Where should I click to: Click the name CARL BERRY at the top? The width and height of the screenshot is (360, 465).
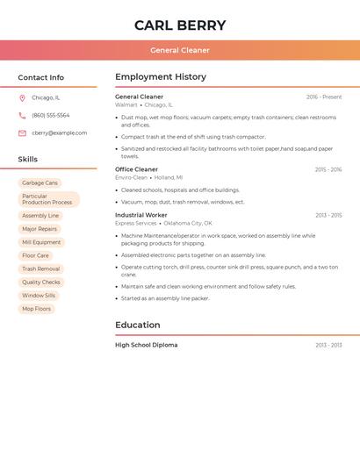[180, 25]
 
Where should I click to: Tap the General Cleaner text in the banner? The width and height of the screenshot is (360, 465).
[180, 50]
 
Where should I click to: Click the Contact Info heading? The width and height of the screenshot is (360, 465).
[40, 77]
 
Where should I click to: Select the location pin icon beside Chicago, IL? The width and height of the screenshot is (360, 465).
[22, 98]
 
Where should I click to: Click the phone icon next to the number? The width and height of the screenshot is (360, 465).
[22, 116]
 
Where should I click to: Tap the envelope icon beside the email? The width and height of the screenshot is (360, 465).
[22, 133]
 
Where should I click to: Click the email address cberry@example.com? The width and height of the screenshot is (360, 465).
[59, 133]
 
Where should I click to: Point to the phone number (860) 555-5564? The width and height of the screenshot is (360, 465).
[50, 116]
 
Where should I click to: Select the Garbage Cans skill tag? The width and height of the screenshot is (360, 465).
[40, 182]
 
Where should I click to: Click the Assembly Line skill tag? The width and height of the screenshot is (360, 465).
[40, 216]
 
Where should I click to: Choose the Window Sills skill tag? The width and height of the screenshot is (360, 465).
[39, 296]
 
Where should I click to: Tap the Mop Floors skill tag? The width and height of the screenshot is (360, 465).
[36, 309]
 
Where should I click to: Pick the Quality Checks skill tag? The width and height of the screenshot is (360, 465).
[41, 283]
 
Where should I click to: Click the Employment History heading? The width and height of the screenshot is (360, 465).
[161, 77]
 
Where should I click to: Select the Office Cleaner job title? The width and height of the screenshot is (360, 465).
[136, 169]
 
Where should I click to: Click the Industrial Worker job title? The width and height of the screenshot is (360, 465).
[140, 215]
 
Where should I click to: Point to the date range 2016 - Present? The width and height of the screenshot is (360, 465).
[324, 97]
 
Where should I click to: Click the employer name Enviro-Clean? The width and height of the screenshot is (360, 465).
[131, 177]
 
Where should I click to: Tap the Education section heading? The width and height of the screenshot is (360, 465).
[138, 325]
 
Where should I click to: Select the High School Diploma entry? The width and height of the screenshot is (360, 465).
[146, 345]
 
